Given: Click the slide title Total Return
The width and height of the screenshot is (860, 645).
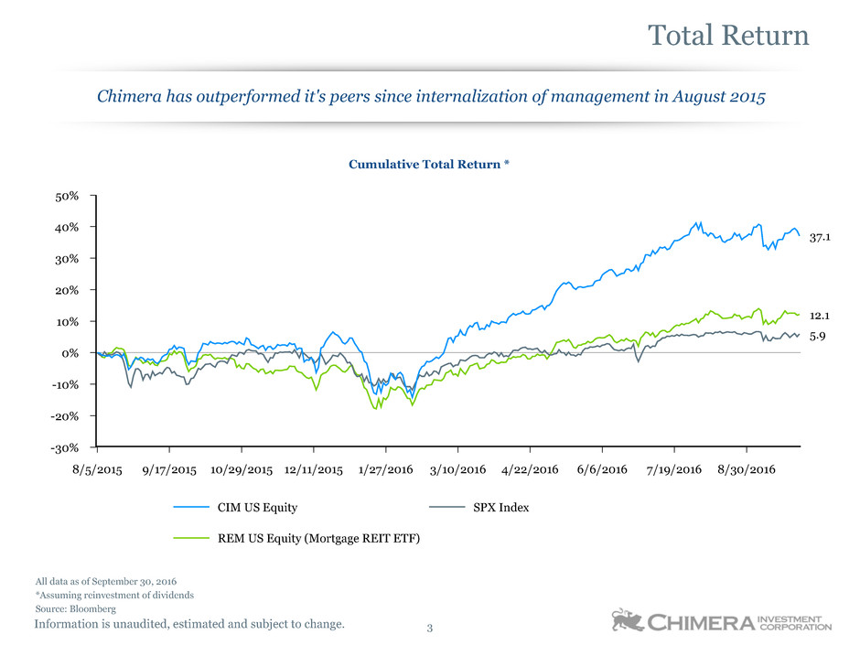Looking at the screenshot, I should click(728, 36).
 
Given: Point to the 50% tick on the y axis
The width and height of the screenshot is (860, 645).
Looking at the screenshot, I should click(67, 196).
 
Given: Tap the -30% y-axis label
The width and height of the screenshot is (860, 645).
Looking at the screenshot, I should click(65, 447).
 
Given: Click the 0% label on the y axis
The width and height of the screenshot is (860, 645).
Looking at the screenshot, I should click(70, 353).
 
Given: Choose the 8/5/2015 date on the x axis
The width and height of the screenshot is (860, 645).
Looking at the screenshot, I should click(96, 469).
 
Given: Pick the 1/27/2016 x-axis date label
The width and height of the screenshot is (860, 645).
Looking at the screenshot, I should click(385, 469).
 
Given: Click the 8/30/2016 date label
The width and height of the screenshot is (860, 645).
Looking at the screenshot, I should click(747, 469).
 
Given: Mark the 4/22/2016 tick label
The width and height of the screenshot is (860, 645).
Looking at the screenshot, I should click(530, 469).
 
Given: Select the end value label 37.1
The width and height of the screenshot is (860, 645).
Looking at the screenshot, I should click(821, 238).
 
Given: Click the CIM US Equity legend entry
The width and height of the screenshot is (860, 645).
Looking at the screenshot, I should click(257, 507).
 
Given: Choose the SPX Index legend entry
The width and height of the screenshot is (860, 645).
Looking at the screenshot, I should click(500, 507).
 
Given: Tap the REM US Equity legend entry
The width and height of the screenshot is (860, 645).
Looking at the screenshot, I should click(318, 538).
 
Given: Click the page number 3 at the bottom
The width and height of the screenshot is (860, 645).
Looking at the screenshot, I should click(430, 629).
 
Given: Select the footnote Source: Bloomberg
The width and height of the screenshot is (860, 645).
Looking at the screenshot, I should click(75, 608).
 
